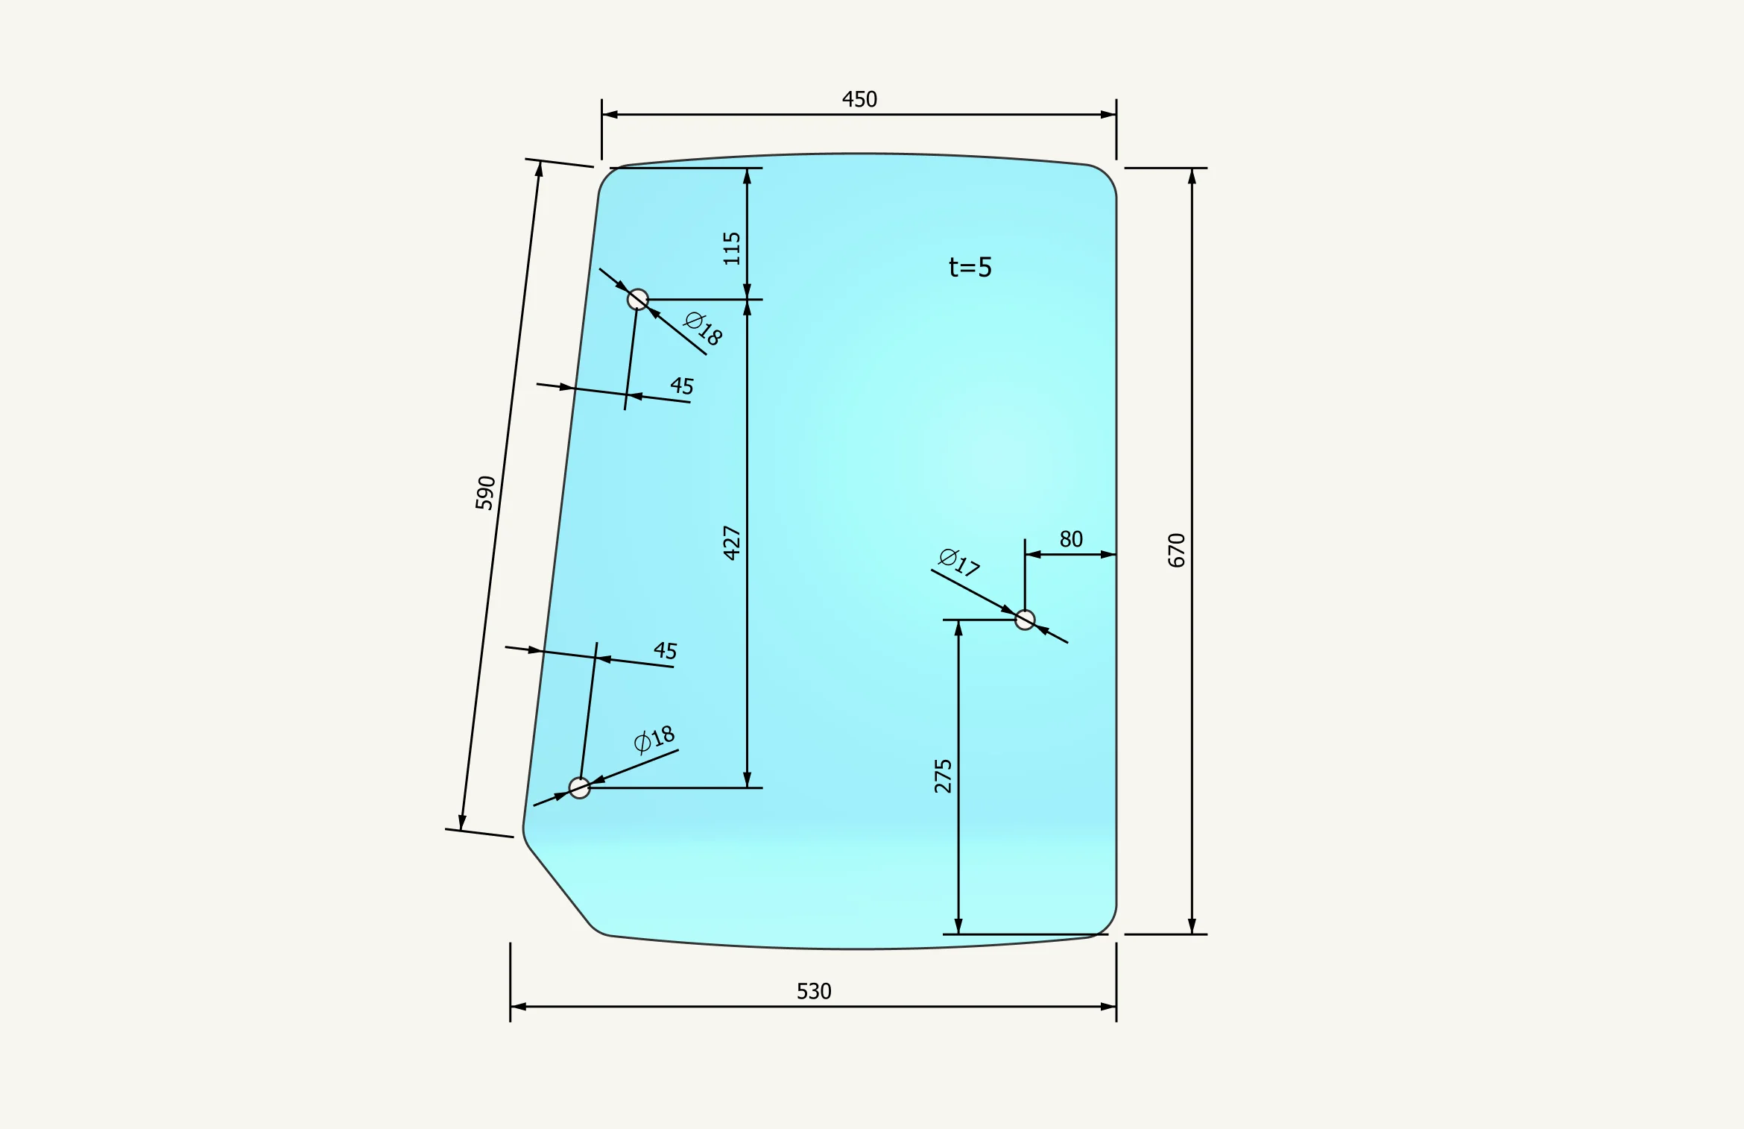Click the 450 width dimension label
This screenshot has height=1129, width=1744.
tap(859, 99)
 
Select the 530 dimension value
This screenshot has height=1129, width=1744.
tap(814, 991)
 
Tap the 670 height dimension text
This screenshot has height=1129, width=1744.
tap(1176, 550)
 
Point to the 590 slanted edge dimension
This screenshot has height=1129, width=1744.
tap(485, 493)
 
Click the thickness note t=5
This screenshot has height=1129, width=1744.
tap(970, 267)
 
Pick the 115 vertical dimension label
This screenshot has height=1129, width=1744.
tap(732, 248)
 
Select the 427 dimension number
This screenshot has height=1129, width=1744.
tap(732, 543)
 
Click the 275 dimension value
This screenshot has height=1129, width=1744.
tap(943, 776)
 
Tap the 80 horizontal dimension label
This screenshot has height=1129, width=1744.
tap(1071, 539)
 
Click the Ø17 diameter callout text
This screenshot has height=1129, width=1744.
tap(958, 562)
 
